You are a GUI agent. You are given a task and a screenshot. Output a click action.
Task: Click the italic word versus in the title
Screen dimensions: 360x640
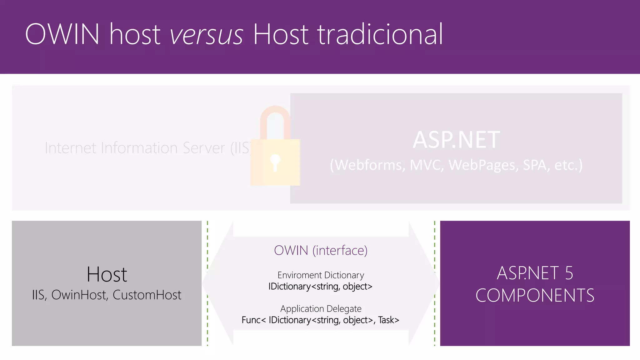click(x=206, y=34)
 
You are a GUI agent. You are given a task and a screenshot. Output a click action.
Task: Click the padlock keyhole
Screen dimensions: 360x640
click(x=275, y=162)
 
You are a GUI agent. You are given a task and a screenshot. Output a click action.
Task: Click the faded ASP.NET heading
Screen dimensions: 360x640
click(x=456, y=140)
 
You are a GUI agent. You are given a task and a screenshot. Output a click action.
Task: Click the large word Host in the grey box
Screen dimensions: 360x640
click(x=107, y=274)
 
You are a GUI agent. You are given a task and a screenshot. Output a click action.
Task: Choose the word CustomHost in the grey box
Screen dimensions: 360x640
click(x=147, y=295)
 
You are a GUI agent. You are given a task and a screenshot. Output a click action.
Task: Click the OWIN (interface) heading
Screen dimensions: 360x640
click(x=321, y=250)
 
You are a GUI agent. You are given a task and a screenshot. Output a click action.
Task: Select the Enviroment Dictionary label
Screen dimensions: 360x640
click(x=321, y=275)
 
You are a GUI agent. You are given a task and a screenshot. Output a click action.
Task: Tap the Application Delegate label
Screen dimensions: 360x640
click(x=321, y=309)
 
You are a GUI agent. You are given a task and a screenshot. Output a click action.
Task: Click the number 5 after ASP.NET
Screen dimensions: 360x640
click(x=569, y=273)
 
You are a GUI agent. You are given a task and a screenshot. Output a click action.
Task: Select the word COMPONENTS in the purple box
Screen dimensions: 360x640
click(x=535, y=295)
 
